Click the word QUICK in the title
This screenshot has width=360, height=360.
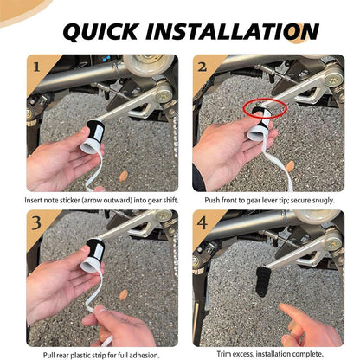[101, 31]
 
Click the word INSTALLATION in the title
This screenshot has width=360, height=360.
[232, 31]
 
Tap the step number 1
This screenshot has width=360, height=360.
[36, 67]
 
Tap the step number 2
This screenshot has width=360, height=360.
[202, 67]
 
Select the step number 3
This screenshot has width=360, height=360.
[36, 222]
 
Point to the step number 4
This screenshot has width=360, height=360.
[202, 222]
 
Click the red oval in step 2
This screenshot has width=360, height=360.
[265, 108]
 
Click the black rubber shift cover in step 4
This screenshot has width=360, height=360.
[262, 281]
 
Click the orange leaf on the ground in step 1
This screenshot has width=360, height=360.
[124, 177]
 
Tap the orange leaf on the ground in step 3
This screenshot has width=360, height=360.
[124, 295]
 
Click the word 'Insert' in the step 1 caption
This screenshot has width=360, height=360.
[34, 200]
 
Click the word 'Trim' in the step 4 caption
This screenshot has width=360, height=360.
[223, 354]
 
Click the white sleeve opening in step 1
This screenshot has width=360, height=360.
[90, 147]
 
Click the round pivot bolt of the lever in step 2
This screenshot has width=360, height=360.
[334, 79]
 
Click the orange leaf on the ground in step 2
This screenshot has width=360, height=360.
[290, 166]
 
